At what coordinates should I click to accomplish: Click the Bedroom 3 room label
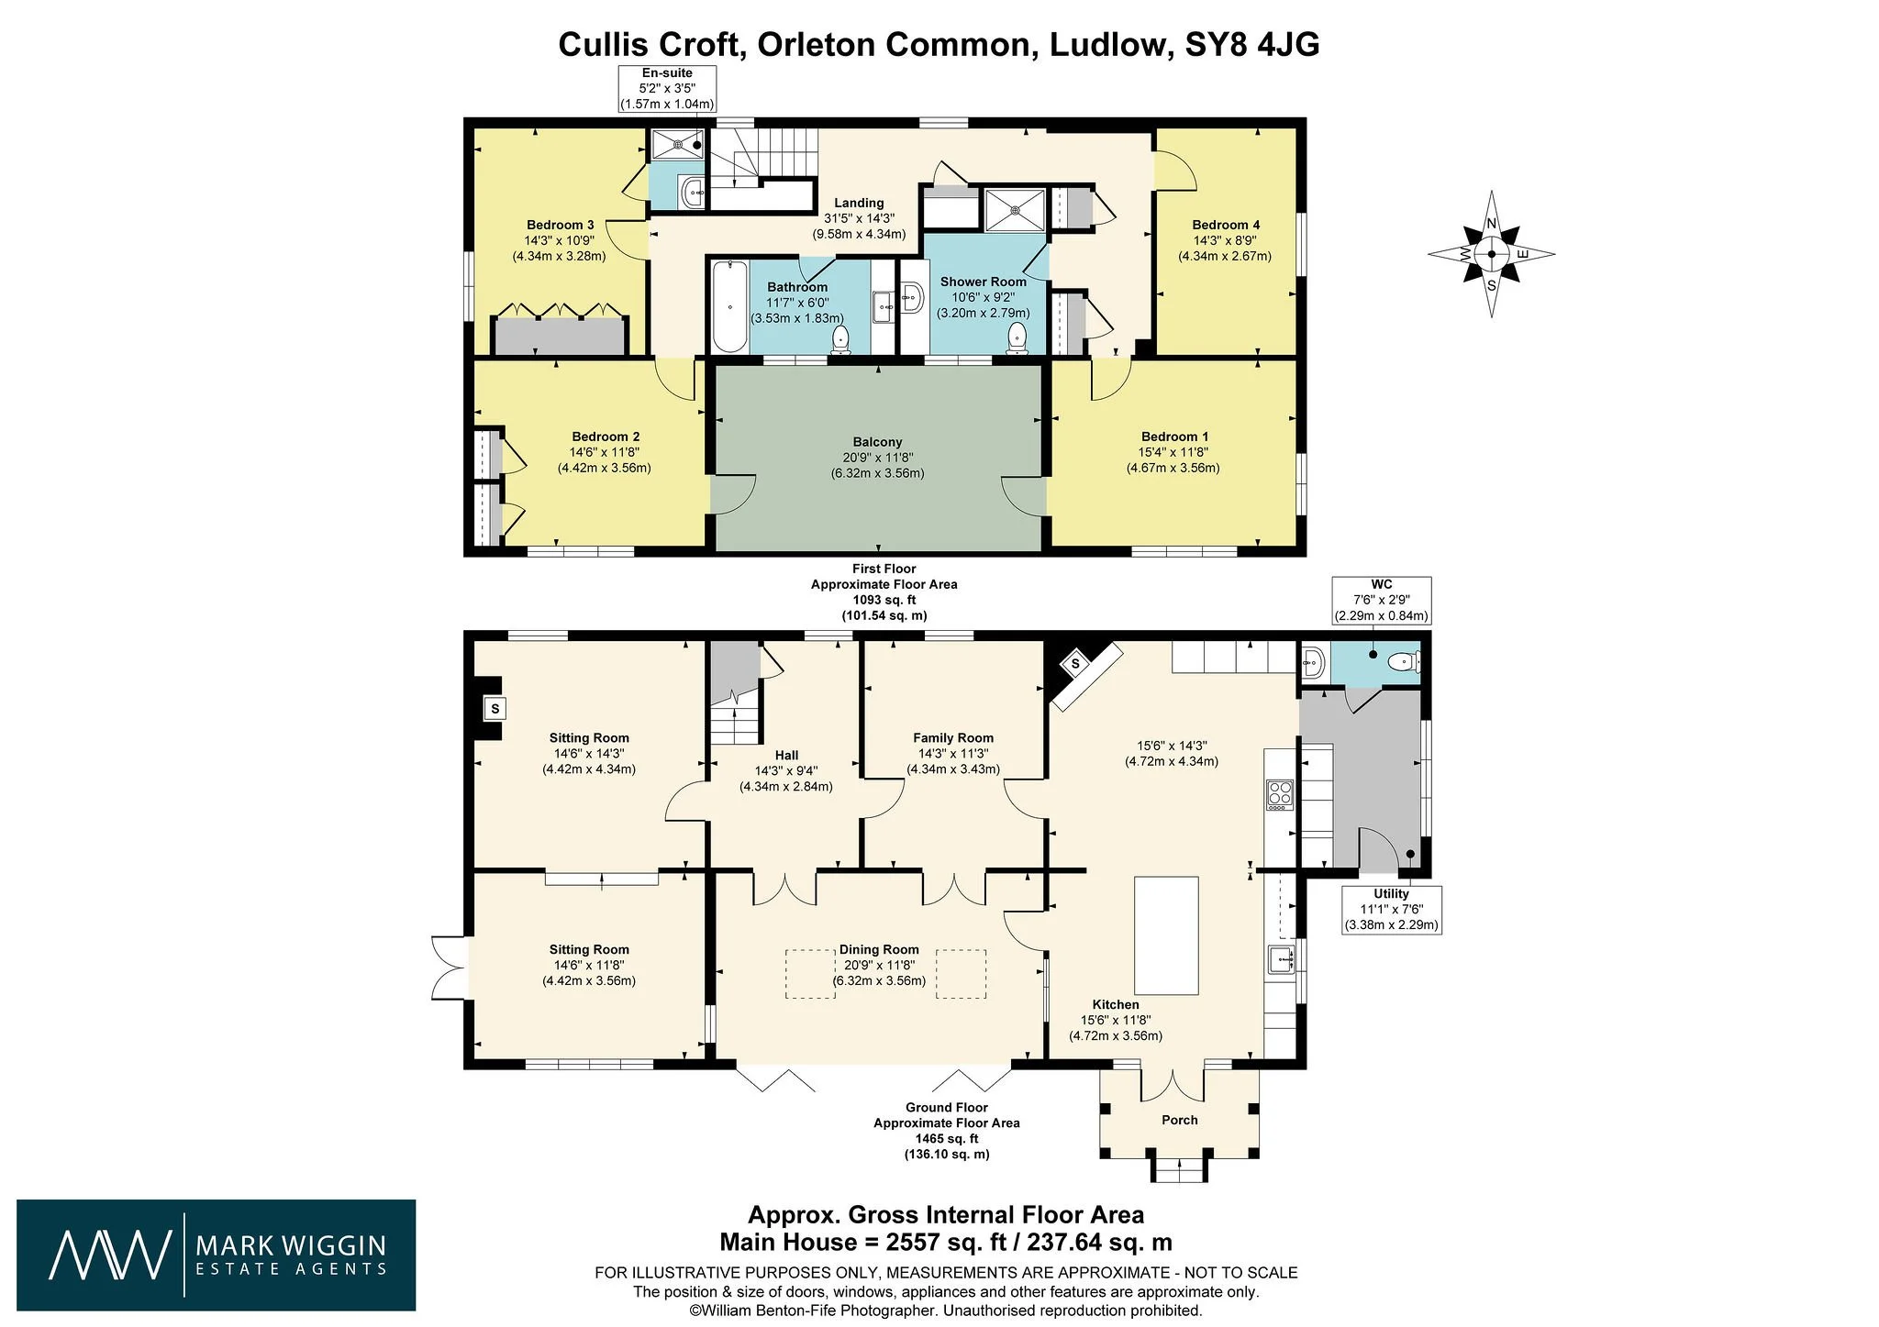click(x=560, y=225)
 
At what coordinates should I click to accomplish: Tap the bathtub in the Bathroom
click(x=729, y=306)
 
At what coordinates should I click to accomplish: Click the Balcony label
click(x=877, y=442)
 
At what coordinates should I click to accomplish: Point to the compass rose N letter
click(x=1492, y=224)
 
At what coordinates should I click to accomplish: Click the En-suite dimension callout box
click(x=667, y=89)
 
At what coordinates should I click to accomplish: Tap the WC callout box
click(x=1382, y=601)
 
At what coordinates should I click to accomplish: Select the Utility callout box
click(x=1392, y=910)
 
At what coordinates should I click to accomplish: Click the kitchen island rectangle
click(x=1167, y=935)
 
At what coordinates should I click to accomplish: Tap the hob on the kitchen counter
click(x=1280, y=794)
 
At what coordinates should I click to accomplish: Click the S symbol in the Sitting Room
click(x=495, y=708)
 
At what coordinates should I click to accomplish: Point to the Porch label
click(x=1180, y=1120)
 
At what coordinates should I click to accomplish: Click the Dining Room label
click(x=879, y=950)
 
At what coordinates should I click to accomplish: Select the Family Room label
click(x=953, y=737)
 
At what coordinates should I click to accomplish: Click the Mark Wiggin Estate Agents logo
click(x=217, y=1255)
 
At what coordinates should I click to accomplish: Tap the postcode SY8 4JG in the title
click(x=1252, y=44)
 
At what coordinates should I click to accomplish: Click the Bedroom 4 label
click(x=1226, y=225)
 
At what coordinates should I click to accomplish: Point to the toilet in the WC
click(x=1404, y=661)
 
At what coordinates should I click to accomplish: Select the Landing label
click(x=859, y=203)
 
